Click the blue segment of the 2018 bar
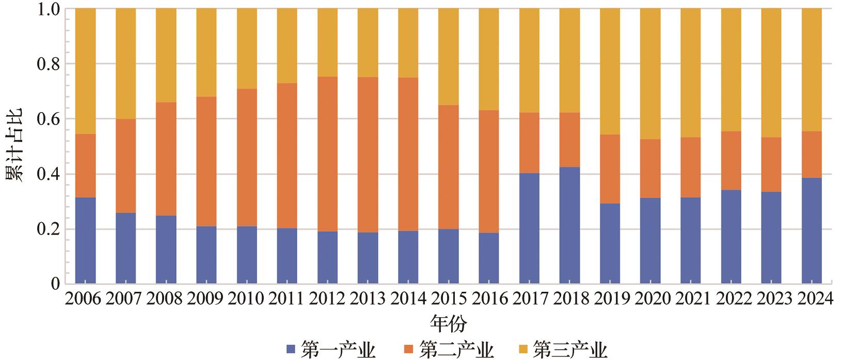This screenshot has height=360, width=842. pos(569,225)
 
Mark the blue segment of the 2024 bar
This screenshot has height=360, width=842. pos(811,230)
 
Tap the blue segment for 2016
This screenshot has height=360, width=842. pos(489,258)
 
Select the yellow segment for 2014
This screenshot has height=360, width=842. pos(408,43)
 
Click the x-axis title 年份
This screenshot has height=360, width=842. pos(448,324)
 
